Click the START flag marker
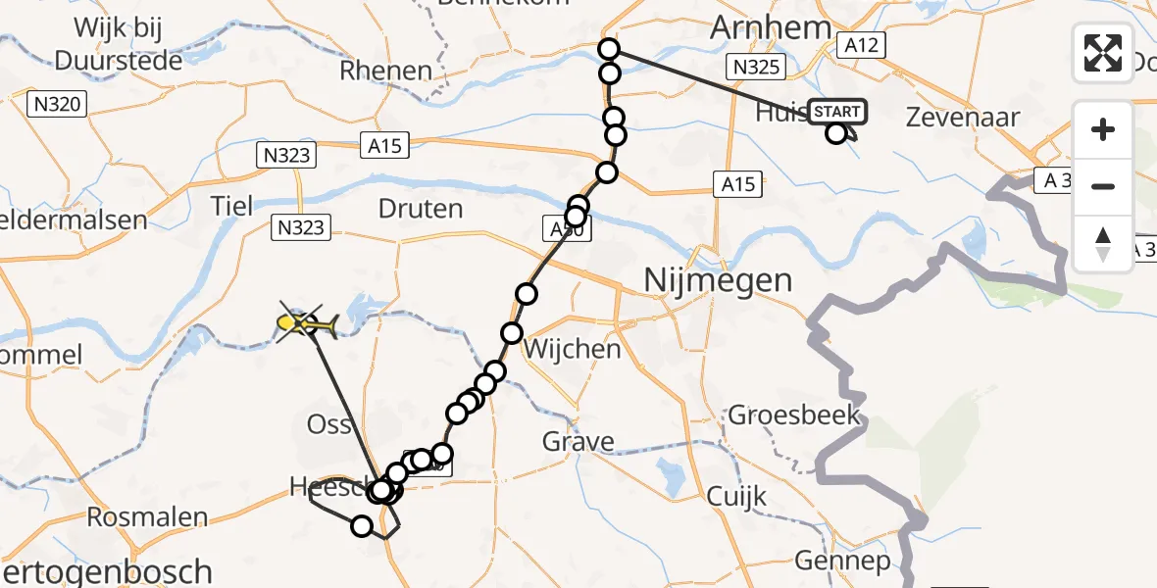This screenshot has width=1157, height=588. coord(838,112)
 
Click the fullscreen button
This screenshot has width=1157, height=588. coord(1103,53)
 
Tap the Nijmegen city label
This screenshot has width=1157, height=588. coord(718,281)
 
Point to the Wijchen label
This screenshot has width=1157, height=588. coord(573,348)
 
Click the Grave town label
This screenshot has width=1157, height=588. coord(578,442)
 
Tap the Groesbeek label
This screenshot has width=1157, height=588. coord(794,415)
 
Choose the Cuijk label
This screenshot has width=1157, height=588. coord(736,497)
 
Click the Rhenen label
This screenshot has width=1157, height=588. coord(385,71)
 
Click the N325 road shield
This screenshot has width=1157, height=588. coord(754,67)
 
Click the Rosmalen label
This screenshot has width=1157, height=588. coord(134,516)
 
